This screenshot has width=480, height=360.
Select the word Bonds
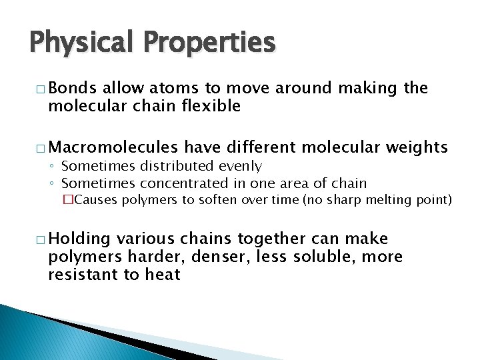[73, 89]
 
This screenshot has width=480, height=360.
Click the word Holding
[79, 239]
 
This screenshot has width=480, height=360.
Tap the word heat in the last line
[163, 274]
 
